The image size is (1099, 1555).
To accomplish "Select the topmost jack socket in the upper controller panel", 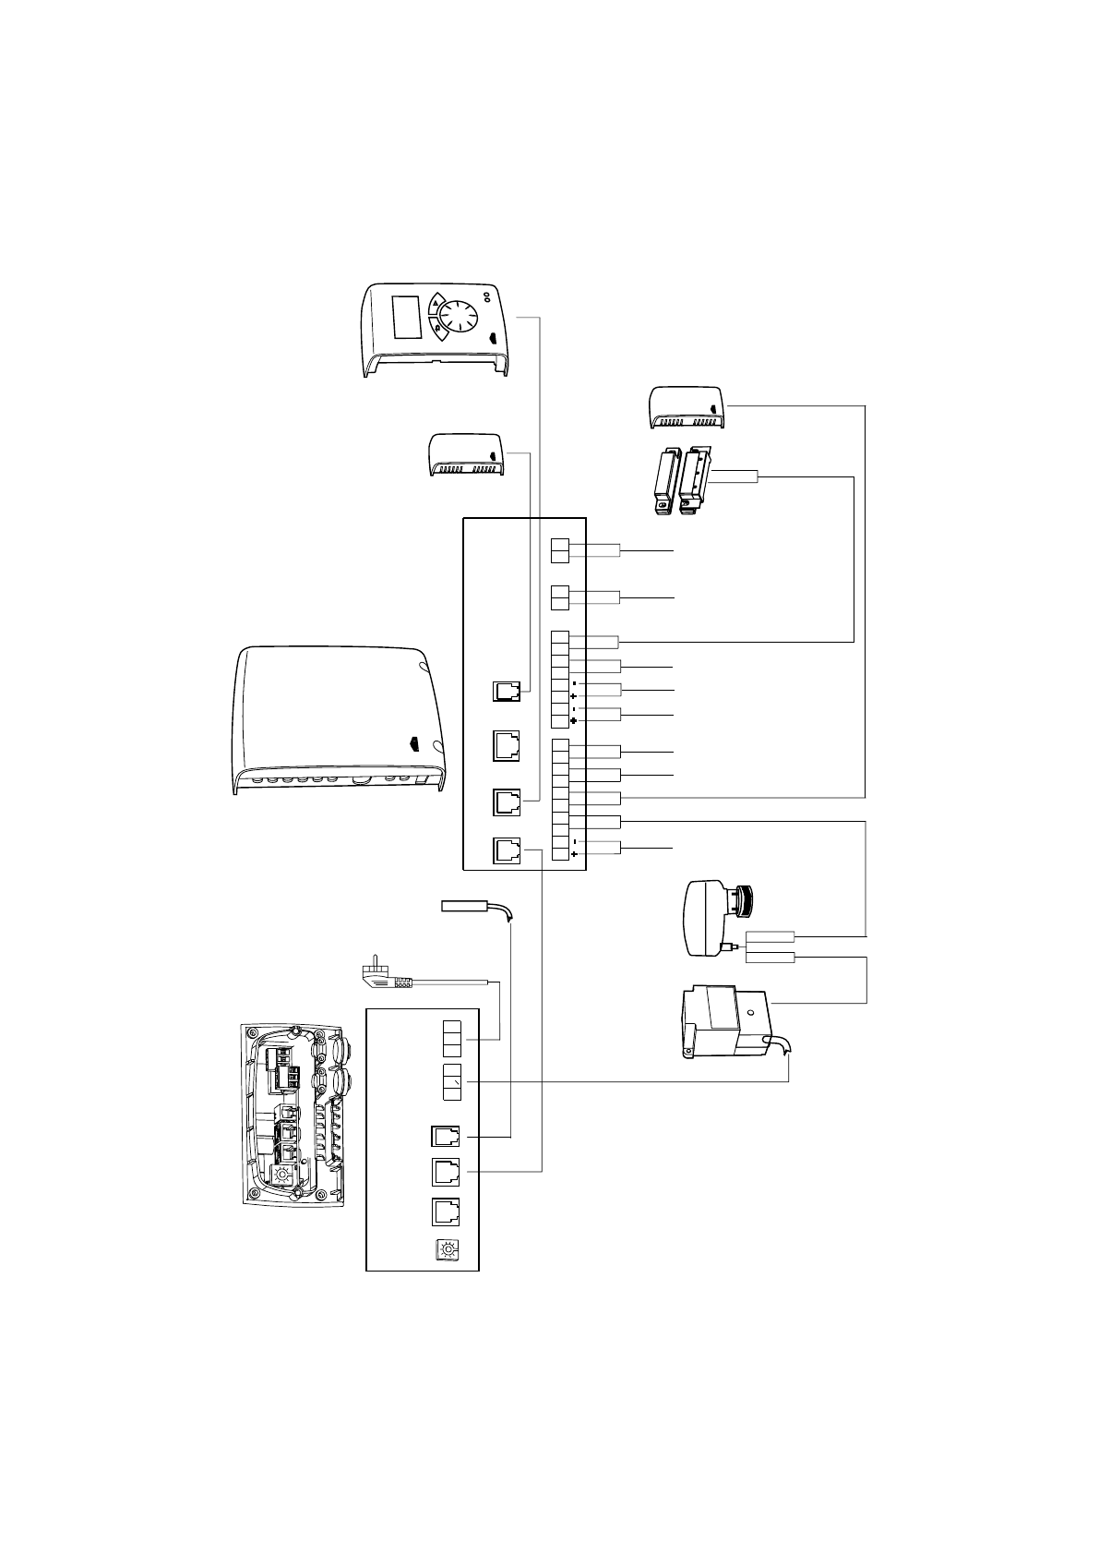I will coord(507,692).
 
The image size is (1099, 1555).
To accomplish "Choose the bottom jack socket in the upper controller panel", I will coord(507,850).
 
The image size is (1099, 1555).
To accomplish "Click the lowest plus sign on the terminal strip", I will coord(575,855).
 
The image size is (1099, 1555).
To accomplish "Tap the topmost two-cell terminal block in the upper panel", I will coord(560,550).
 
